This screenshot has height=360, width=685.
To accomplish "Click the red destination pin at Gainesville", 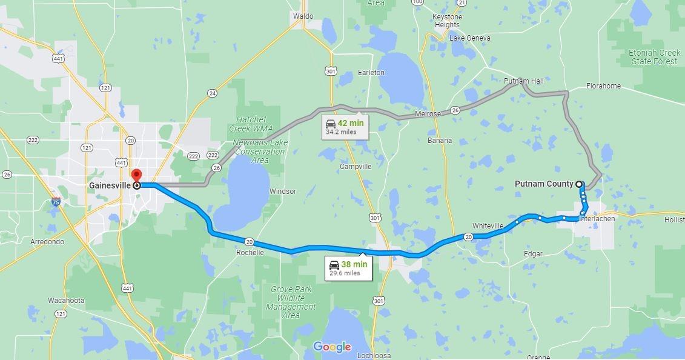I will [x=136, y=176].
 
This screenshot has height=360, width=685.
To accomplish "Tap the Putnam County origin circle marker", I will [x=579, y=184].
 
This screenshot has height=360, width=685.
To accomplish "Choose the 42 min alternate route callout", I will [x=345, y=126].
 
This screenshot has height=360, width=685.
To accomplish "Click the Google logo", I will [x=332, y=347].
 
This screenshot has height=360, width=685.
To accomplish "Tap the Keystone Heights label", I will [x=446, y=21].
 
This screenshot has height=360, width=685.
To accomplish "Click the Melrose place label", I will [x=428, y=114].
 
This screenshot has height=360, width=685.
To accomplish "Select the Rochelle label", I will [x=250, y=253].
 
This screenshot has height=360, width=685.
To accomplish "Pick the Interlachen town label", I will [x=597, y=219].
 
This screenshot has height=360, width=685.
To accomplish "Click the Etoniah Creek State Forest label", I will [x=654, y=57].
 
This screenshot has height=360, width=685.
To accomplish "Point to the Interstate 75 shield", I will [x=56, y=202].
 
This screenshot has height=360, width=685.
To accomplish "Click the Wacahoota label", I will [x=66, y=301].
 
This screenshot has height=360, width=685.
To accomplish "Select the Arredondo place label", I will [x=47, y=242].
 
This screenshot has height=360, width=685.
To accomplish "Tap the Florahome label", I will [x=603, y=86].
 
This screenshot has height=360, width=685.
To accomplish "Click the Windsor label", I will [x=283, y=192].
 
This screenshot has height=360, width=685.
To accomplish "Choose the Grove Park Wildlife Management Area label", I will [x=291, y=302].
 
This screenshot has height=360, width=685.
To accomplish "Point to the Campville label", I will [x=356, y=167].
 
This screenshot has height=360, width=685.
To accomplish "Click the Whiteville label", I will [x=488, y=226].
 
